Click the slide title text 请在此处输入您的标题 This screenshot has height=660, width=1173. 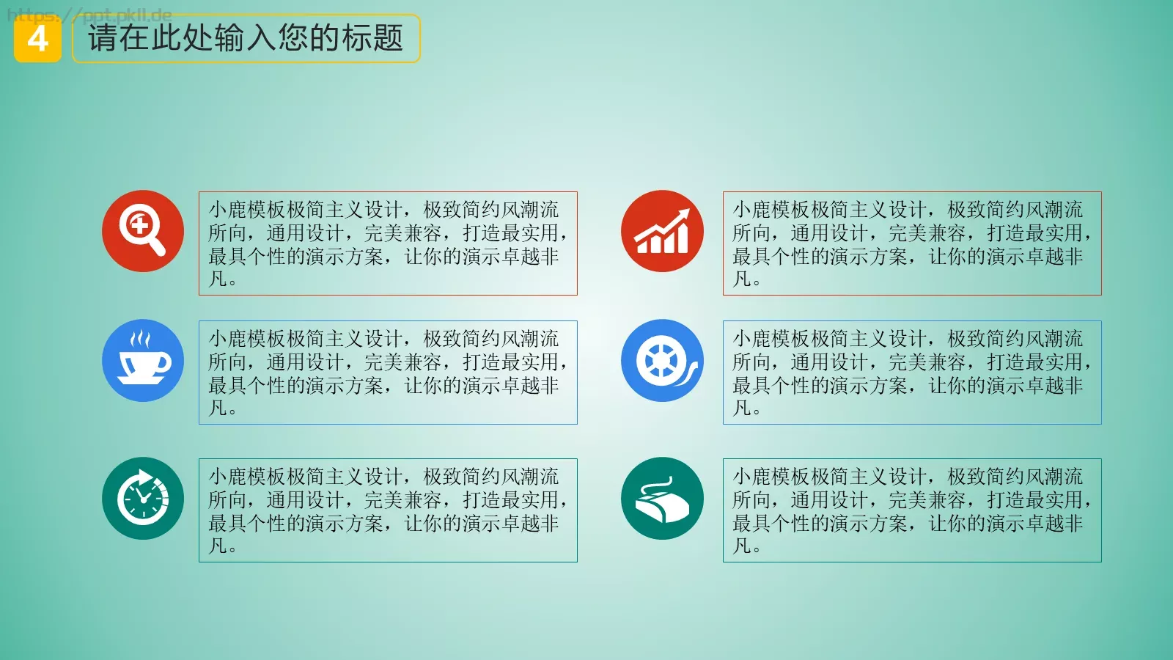click(246, 38)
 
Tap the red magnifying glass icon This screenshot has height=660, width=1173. click(143, 231)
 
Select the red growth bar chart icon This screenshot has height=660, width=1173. click(662, 231)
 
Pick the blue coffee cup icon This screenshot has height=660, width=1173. click(143, 360)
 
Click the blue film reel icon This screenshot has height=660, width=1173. click(662, 360)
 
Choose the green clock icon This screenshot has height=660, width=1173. click(143, 498)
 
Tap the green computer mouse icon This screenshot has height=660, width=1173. click(662, 498)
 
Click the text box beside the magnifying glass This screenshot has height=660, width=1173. click(388, 243)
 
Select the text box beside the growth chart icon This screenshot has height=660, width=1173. click(912, 243)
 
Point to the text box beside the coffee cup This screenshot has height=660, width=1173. click(388, 373)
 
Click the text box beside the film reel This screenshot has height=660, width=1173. click(912, 373)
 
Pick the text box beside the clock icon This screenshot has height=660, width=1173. click(388, 510)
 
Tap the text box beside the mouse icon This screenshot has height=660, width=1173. click(912, 510)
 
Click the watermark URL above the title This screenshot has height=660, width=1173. click(89, 15)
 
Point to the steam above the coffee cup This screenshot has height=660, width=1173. click(140, 339)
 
